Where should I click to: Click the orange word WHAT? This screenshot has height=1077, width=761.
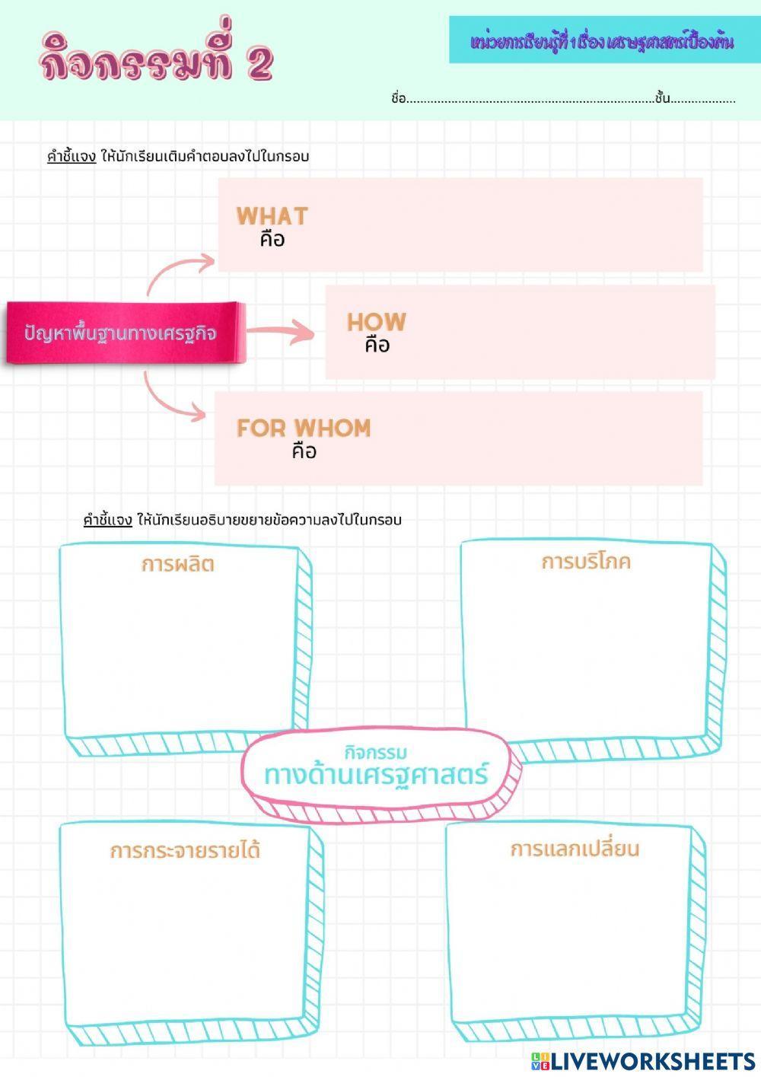(x=272, y=216)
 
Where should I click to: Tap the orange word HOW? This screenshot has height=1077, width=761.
(x=377, y=322)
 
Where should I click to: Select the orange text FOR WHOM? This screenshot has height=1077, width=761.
(x=304, y=428)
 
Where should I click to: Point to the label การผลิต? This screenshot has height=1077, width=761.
(x=177, y=564)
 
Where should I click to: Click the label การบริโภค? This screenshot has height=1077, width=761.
(x=585, y=562)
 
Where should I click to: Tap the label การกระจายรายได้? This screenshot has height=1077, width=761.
(x=185, y=850)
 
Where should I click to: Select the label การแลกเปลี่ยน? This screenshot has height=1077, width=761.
(x=575, y=848)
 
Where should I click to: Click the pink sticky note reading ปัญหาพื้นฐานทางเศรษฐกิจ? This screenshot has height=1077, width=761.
(x=126, y=333)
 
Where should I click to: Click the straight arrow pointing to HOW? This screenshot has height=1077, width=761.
(x=280, y=331)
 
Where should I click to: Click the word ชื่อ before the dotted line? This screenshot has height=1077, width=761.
(x=399, y=99)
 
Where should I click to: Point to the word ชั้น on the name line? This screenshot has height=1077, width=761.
(x=662, y=98)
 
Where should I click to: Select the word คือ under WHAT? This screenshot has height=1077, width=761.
(x=272, y=239)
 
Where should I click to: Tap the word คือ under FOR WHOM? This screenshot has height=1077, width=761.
(x=304, y=451)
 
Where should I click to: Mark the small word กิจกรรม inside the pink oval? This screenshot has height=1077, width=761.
(x=376, y=752)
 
